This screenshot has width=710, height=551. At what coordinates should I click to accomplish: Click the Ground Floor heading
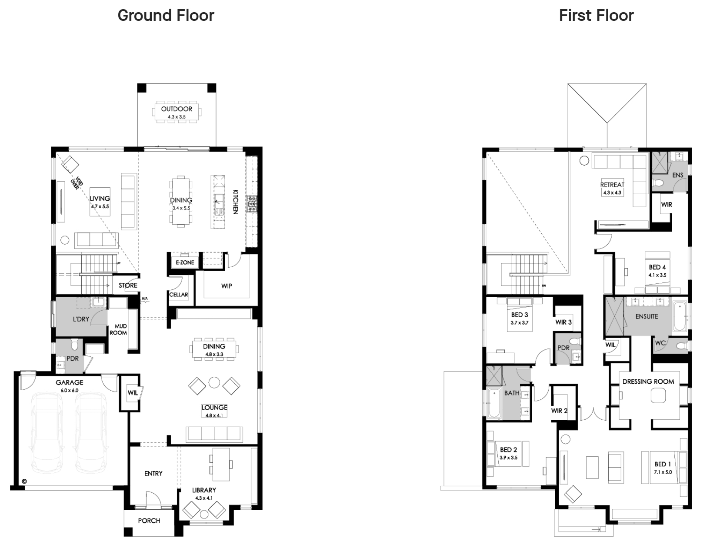click(166, 15)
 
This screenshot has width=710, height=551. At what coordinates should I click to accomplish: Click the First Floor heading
click(596, 15)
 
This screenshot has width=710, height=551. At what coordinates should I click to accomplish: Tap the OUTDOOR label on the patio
click(177, 109)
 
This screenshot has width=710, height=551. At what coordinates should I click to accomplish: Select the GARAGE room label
click(69, 382)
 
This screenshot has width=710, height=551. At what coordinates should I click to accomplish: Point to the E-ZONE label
click(185, 262)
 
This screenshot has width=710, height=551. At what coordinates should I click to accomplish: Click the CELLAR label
click(178, 295)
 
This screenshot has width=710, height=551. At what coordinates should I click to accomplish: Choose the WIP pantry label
click(227, 286)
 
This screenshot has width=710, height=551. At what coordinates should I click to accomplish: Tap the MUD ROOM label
click(118, 329)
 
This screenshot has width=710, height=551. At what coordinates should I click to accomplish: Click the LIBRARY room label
click(204, 490)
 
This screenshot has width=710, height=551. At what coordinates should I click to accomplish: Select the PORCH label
click(149, 521)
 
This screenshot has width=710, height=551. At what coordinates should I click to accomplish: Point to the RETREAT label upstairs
click(612, 184)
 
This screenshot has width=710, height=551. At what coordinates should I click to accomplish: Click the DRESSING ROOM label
click(648, 382)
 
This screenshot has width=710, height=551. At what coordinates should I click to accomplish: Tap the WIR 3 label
click(563, 322)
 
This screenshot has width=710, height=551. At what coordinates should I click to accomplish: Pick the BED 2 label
click(508, 449)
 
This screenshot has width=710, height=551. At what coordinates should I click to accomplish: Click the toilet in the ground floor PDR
click(75, 344)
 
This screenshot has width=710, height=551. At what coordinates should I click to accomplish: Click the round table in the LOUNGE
click(214, 382)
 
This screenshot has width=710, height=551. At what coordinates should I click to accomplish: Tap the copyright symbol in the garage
click(24, 481)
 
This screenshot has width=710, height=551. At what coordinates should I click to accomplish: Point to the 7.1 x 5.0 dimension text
click(663, 472)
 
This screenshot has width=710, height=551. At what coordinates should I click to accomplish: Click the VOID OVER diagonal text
click(77, 183)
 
